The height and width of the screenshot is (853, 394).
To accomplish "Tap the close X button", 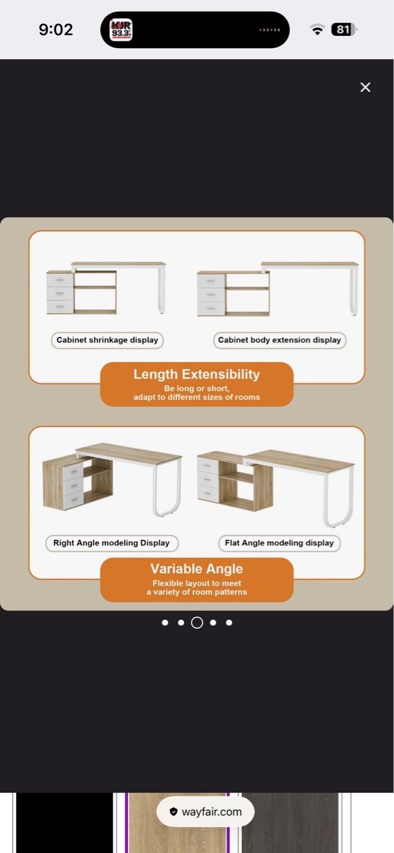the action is (365, 87).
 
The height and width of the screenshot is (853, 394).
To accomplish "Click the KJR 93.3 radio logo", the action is (121, 30).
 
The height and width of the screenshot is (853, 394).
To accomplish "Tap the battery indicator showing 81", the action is (344, 30).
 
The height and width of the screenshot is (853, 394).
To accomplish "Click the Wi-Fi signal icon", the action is (317, 30).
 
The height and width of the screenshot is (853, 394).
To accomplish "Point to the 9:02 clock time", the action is (55, 30).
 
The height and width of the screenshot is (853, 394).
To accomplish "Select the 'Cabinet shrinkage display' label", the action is (107, 340).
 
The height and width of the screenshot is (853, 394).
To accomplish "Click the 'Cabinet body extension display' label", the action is (279, 340).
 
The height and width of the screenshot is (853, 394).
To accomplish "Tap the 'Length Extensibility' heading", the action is (197, 375).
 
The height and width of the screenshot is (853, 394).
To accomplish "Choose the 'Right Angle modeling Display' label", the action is (111, 543).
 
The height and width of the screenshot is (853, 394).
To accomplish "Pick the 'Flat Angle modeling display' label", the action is (279, 543).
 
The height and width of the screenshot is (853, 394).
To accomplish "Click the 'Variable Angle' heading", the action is (197, 568).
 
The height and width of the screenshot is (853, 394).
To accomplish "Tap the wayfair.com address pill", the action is (205, 812).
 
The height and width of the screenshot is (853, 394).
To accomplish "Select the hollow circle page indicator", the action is (197, 622).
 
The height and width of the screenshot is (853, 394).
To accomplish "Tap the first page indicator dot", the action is (165, 622).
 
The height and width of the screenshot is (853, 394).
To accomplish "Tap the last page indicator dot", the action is (229, 622).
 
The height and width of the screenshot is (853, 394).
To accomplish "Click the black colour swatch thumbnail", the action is (64, 822).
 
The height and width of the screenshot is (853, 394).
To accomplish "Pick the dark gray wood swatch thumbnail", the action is (291, 822).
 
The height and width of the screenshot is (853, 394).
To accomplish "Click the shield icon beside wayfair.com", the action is (173, 812).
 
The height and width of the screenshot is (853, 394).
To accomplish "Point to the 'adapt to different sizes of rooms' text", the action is (197, 397).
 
